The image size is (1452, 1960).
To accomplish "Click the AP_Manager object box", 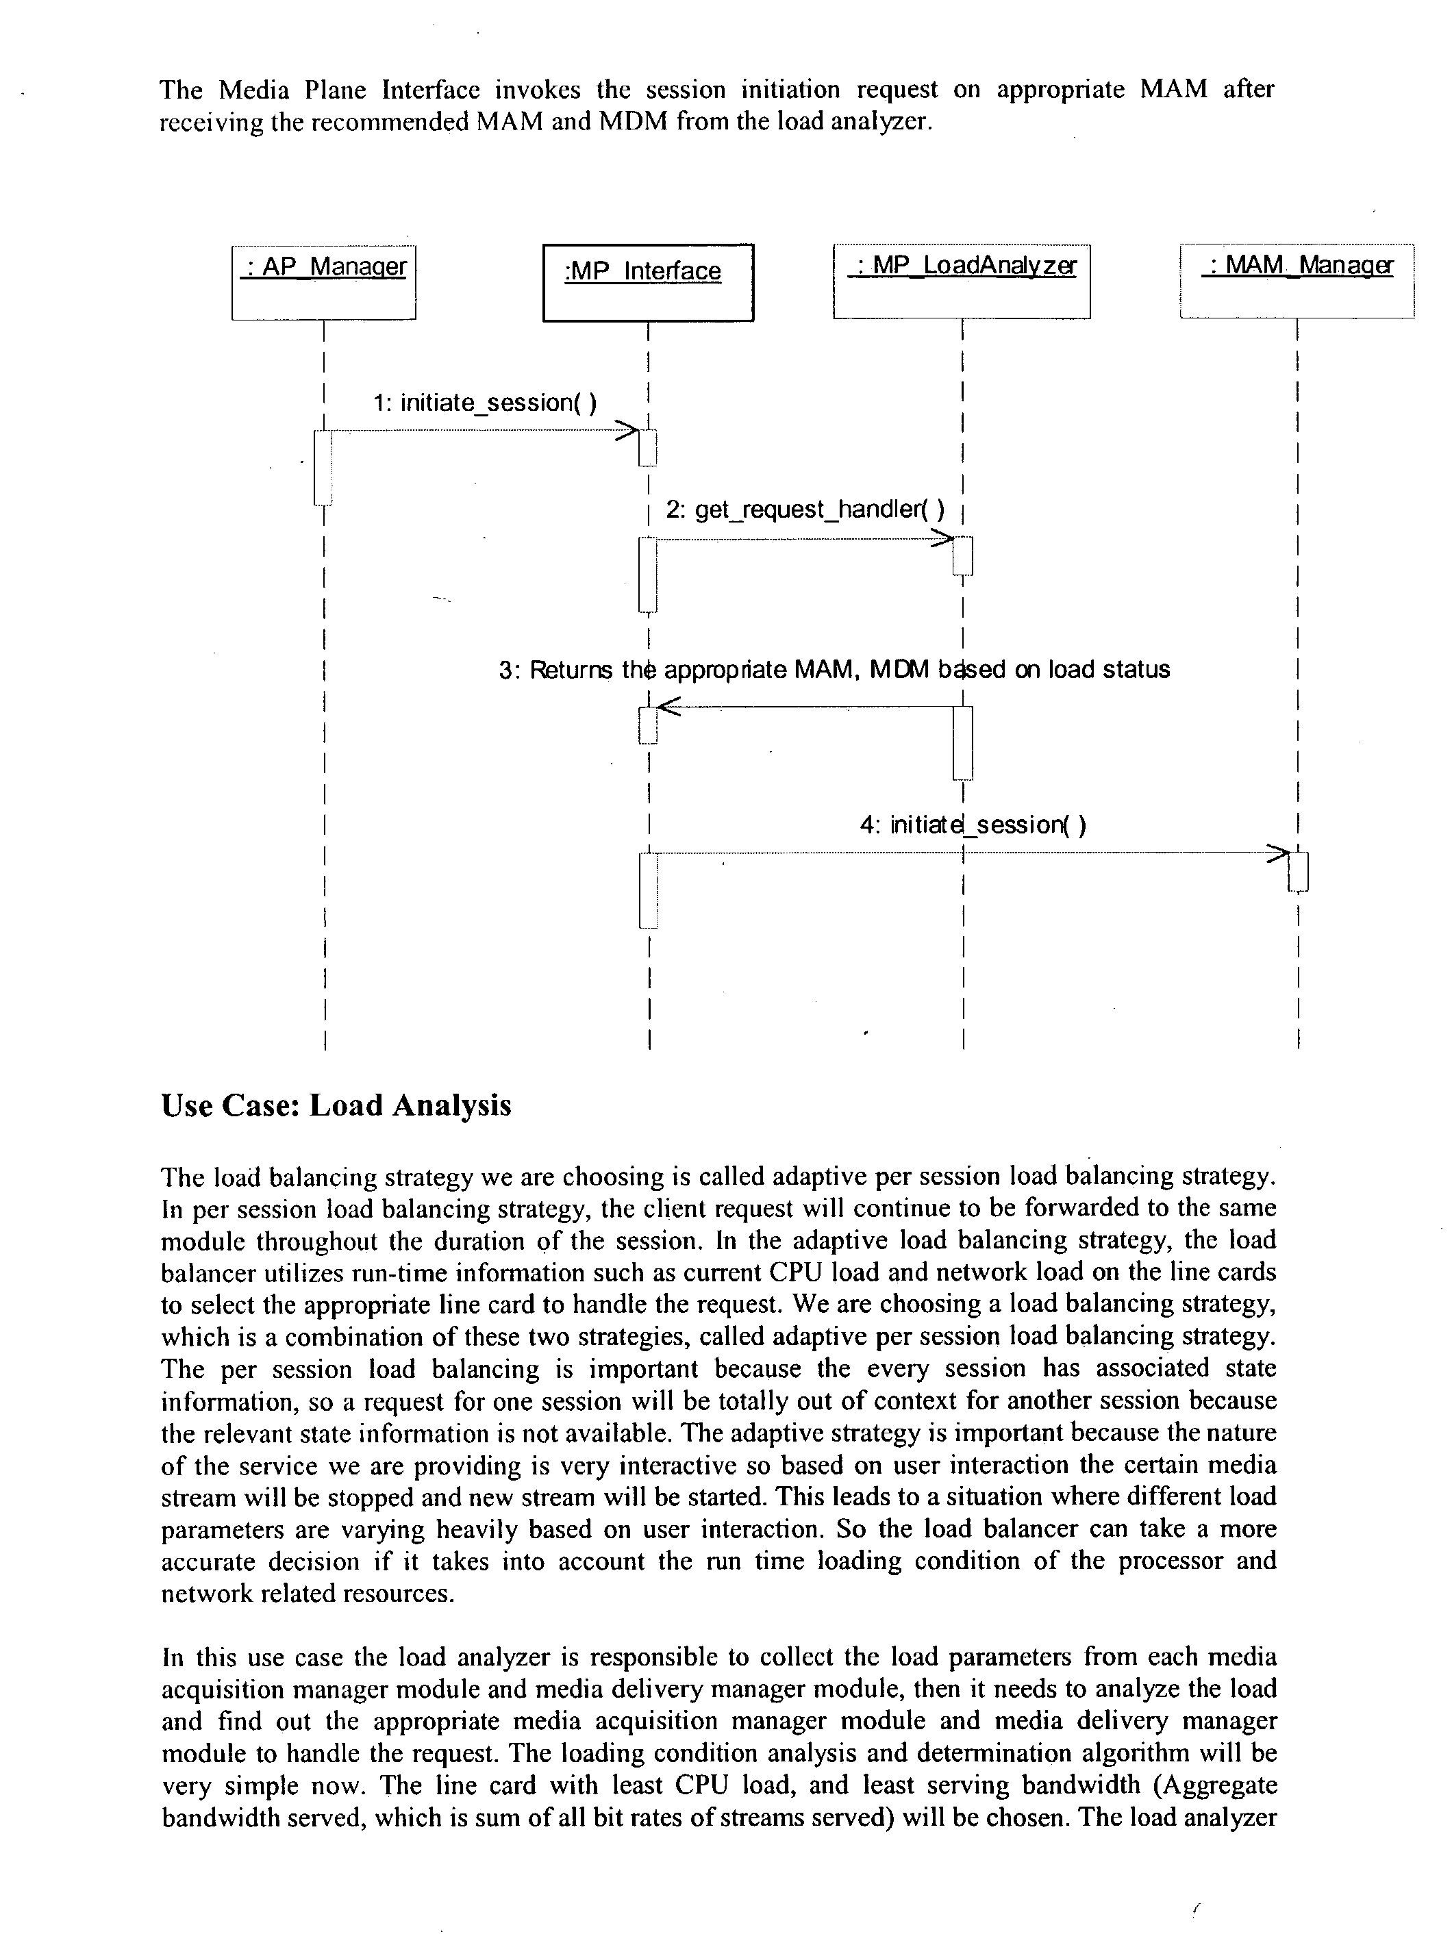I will [x=323, y=282].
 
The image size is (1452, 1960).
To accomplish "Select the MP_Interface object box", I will [x=648, y=282].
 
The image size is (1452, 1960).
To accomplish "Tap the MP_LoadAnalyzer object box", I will [x=962, y=281].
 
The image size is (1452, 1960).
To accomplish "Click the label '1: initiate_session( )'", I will [x=485, y=403].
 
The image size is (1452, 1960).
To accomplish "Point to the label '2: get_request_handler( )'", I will [x=805, y=510].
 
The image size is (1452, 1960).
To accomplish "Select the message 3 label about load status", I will [x=834, y=670].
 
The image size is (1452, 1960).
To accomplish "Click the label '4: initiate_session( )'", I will [x=973, y=825].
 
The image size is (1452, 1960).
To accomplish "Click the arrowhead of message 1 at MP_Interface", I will [x=627, y=431].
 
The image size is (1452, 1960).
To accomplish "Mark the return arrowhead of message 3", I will [x=668, y=706].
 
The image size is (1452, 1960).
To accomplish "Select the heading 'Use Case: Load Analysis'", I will [x=336, y=1105].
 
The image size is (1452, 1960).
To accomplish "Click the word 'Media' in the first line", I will [x=252, y=90].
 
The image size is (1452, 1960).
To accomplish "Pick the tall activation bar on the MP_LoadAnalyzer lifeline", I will [x=962, y=742].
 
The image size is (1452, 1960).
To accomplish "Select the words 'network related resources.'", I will [x=308, y=1594].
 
